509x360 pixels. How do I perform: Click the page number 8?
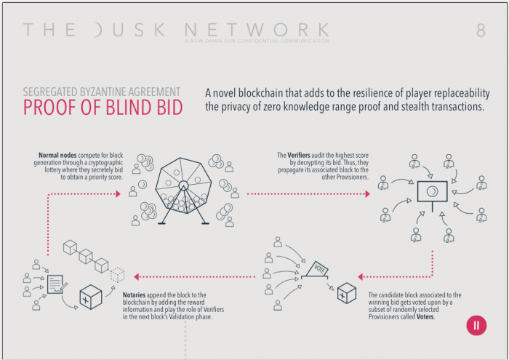coord(481,31)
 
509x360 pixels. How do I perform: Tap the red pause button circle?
coord(476,325)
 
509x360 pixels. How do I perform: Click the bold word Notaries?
coord(119,294)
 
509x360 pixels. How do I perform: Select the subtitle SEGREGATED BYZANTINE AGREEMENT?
coord(102,92)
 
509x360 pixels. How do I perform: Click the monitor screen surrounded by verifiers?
coord(432,191)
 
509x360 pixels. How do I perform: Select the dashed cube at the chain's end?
coord(117,274)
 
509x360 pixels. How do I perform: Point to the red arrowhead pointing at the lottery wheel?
coord(117,194)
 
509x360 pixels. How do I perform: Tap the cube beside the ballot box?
coord(346,292)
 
